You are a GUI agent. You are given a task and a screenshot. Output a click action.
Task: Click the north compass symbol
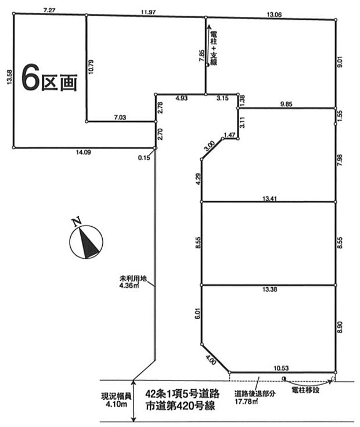click(85, 240)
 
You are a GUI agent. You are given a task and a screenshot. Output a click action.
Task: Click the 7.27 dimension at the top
click(49, 10)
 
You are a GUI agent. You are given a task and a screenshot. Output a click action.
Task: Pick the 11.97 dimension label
click(146, 11)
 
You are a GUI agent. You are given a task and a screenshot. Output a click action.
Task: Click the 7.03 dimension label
click(121, 117)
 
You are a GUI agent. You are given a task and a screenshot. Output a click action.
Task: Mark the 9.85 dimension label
click(287, 103)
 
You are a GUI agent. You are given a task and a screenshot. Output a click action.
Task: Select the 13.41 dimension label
click(269, 197)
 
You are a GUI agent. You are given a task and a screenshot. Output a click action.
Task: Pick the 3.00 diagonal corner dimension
click(210, 144)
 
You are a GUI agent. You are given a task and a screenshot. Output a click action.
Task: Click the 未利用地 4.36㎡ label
click(132, 281)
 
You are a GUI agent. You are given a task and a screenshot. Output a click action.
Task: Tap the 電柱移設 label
click(305, 390)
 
